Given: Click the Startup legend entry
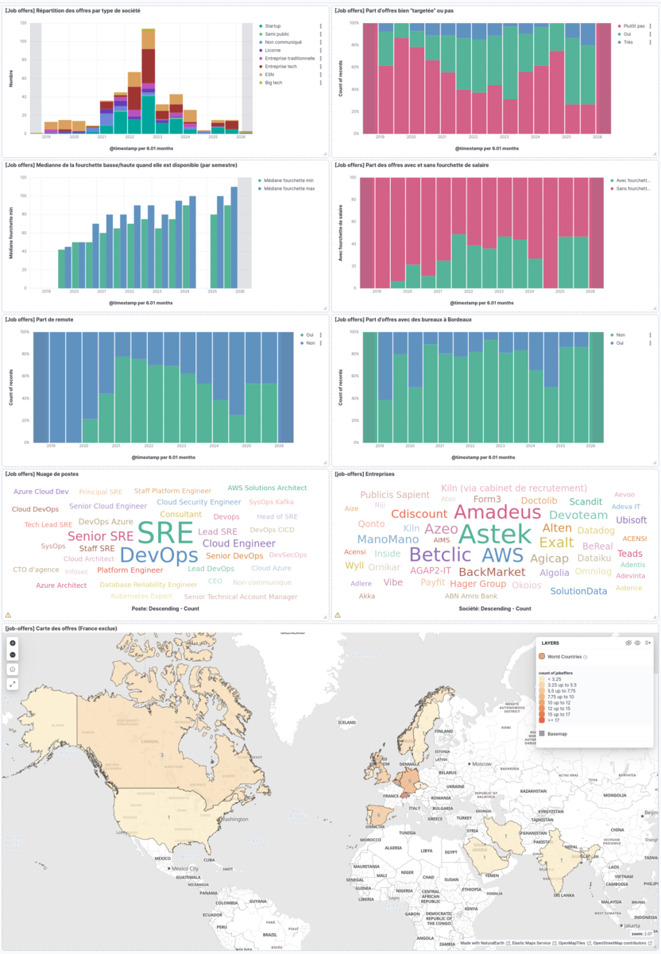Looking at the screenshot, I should pyautogui.click(x=278, y=26).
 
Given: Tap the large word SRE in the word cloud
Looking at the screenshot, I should pyautogui.click(x=164, y=531).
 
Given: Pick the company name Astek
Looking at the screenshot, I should pyautogui.click(x=494, y=533).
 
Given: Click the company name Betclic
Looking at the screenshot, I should pyautogui.click(x=440, y=554).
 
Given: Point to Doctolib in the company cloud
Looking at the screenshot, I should pyautogui.click(x=539, y=500).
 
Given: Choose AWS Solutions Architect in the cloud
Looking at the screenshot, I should pyautogui.click(x=267, y=488).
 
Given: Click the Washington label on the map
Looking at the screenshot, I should pyautogui.click(x=235, y=818).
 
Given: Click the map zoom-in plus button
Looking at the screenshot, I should pyautogui.click(x=13, y=642).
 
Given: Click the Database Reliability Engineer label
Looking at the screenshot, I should pyautogui.click(x=149, y=584).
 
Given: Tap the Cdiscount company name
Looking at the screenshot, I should pyautogui.click(x=419, y=514).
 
